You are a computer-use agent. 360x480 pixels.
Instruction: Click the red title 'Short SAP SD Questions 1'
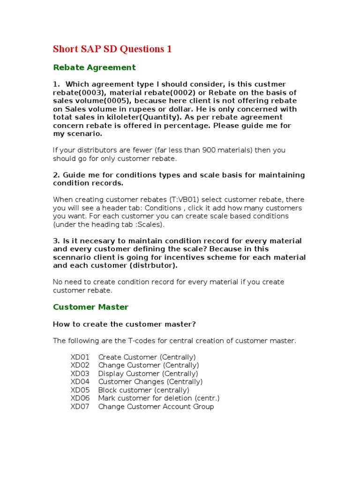(x=112, y=49)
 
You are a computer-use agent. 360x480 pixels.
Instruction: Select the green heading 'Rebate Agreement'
(x=94, y=67)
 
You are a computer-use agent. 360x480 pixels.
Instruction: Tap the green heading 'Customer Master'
(x=90, y=307)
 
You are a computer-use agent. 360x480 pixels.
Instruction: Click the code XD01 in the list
(x=80, y=357)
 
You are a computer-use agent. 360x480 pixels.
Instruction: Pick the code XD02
(x=80, y=365)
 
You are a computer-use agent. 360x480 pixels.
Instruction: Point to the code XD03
(x=80, y=374)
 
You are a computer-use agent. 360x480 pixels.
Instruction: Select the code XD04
(x=80, y=382)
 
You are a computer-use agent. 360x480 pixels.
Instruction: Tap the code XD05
(x=80, y=390)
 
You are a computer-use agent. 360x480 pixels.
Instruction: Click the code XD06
(x=80, y=398)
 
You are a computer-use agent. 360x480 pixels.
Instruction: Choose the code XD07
(x=80, y=406)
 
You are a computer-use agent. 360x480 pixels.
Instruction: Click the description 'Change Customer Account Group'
(x=156, y=406)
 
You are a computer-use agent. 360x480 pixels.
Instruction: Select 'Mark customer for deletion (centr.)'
(x=159, y=398)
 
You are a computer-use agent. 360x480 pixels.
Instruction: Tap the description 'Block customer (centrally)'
(x=144, y=390)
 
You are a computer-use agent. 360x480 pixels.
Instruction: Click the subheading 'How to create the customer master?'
(x=124, y=324)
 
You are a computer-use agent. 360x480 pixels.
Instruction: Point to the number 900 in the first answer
(x=209, y=150)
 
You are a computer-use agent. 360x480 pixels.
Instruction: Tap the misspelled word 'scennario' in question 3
(x=71, y=257)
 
